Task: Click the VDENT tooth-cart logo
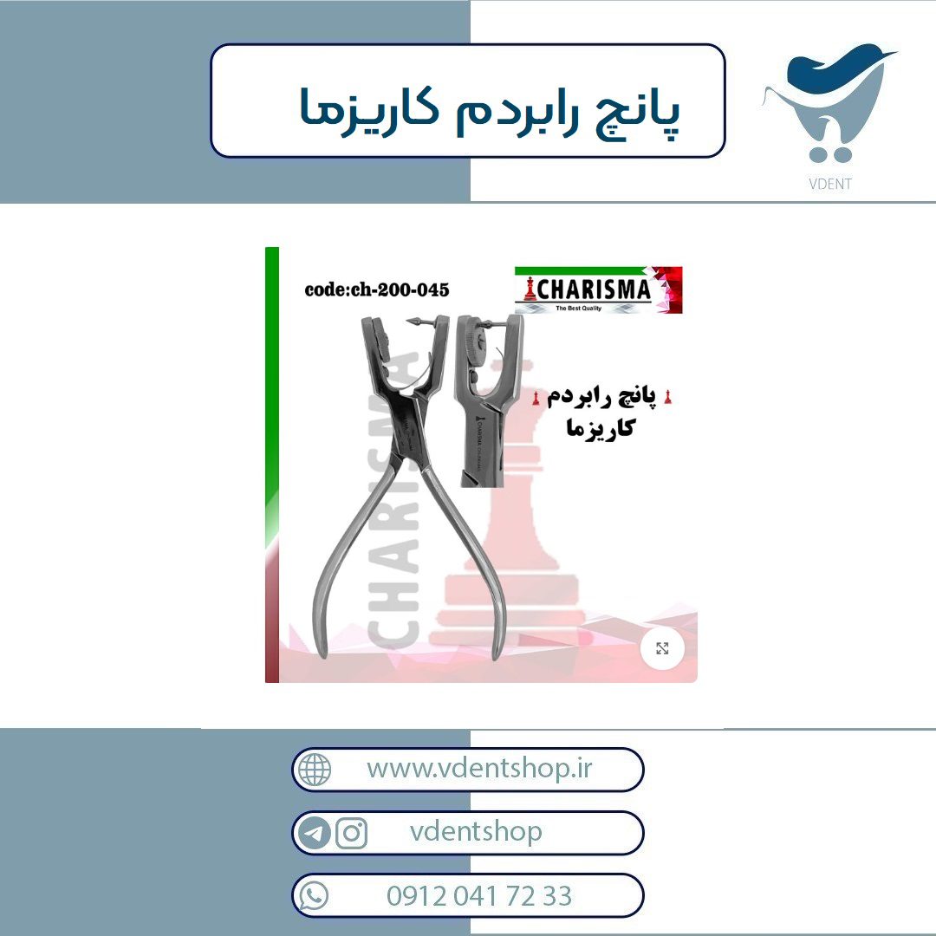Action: point(829,102)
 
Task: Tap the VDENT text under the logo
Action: point(829,184)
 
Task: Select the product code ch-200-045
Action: point(377,290)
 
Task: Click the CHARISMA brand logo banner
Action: point(598,290)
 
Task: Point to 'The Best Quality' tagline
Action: point(578,308)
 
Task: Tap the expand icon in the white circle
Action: point(662,648)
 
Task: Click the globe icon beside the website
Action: point(315,770)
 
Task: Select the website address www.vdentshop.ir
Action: point(479,768)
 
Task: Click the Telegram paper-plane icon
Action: point(314,833)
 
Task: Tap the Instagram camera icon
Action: point(352,833)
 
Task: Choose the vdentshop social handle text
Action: point(476,831)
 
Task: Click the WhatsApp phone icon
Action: point(314,896)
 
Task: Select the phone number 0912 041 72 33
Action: point(479,896)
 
